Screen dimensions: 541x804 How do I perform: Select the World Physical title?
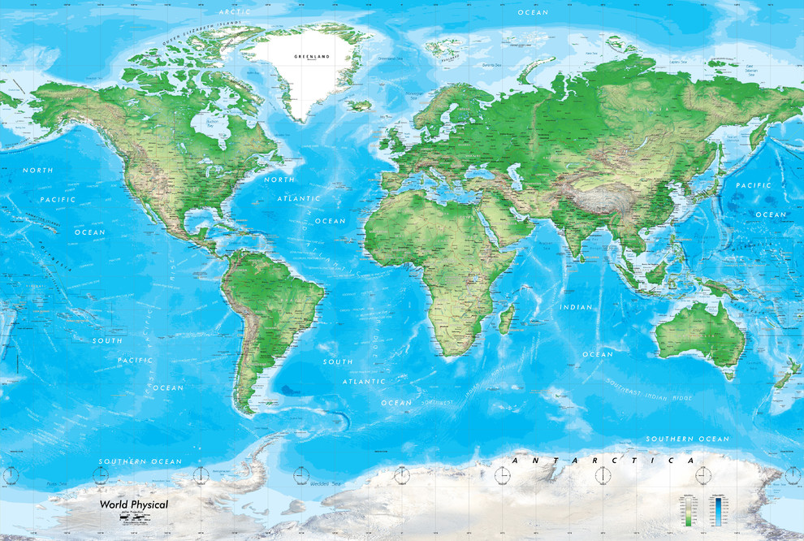[x=134, y=504]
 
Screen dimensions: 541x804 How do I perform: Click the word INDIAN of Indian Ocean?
[x=576, y=307]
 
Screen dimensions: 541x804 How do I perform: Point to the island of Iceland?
[x=358, y=105]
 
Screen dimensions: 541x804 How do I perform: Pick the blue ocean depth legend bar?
[x=719, y=509]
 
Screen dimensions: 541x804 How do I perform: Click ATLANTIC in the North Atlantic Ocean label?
[x=299, y=198]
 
